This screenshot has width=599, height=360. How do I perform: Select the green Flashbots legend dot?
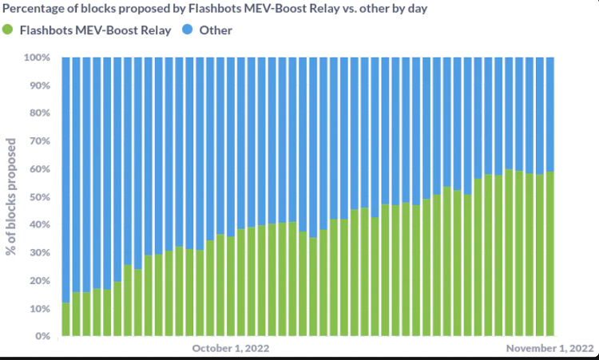click(8, 30)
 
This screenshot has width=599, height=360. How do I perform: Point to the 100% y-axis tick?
click(37, 58)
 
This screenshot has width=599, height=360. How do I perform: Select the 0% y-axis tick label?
click(42, 336)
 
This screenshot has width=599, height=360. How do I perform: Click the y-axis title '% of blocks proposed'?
click(12, 196)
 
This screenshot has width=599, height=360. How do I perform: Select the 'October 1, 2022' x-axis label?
click(230, 349)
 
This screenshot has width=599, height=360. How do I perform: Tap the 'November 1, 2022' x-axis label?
click(550, 349)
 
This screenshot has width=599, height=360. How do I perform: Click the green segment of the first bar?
click(66, 319)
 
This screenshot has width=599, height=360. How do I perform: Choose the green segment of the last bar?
click(550, 255)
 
